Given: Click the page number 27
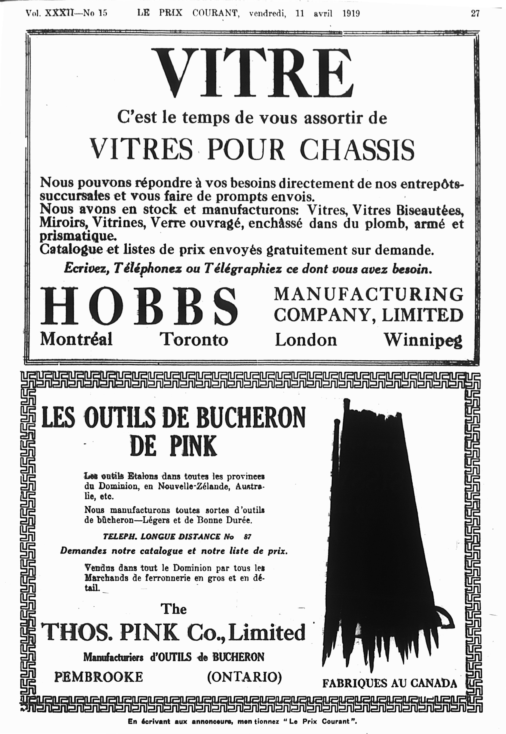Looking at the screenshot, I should (x=475, y=14).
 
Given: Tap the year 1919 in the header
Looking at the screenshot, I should (x=351, y=14).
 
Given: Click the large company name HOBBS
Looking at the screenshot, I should (x=138, y=306).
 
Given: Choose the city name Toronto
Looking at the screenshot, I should (x=194, y=339).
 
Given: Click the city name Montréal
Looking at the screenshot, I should (x=76, y=339).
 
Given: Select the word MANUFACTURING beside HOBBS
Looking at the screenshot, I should (x=368, y=294).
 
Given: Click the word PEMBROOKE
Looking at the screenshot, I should (x=98, y=677).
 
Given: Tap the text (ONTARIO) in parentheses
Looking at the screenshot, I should (x=244, y=677).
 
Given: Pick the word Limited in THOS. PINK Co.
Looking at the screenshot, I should (x=266, y=633).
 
